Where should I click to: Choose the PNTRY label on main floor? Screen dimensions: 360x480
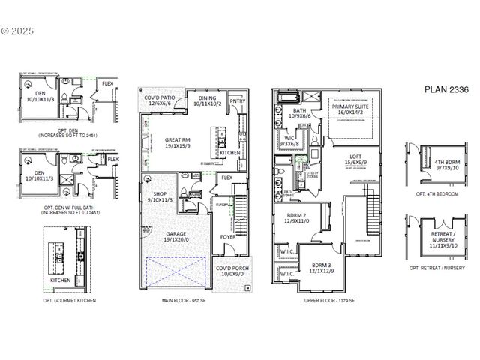tap(238, 100)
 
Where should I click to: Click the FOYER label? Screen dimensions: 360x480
tap(227, 238)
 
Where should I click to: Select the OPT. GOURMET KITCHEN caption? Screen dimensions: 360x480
tap(70, 299)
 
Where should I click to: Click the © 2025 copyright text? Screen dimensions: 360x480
tap(17, 31)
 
